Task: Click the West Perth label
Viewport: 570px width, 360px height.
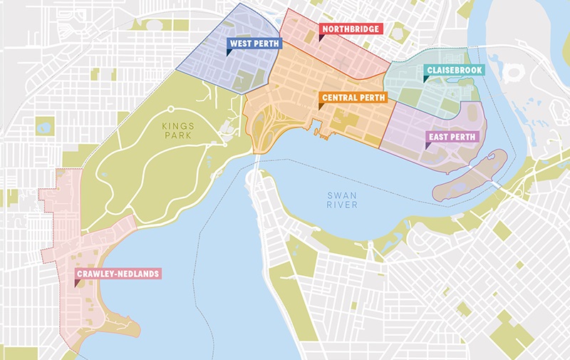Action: pyautogui.click(x=254, y=43)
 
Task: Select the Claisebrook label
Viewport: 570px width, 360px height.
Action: pyautogui.click(x=454, y=70)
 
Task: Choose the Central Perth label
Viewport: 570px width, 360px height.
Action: pyautogui.click(x=353, y=97)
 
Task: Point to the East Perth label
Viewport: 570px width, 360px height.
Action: pyautogui.click(x=452, y=136)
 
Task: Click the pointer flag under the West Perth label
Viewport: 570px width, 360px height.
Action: pyautogui.click(x=229, y=52)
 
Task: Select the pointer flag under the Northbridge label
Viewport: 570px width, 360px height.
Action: pyautogui.click(x=321, y=38)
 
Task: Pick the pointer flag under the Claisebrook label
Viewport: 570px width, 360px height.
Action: pyautogui.click(x=427, y=78)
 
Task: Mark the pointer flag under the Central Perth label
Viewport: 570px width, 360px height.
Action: pyautogui.click(x=321, y=106)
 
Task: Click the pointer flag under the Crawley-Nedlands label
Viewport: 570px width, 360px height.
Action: pyautogui.click(x=77, y=282)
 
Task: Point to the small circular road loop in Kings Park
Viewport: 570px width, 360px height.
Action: pyautogui.click(x=171, y=109)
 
